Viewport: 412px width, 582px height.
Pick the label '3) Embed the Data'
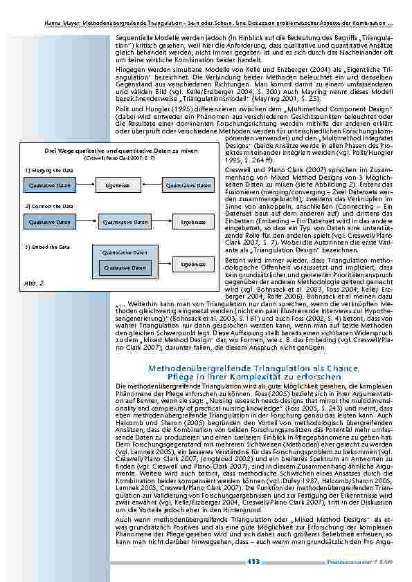point(42,246)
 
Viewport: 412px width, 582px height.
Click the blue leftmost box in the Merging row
point(49,185)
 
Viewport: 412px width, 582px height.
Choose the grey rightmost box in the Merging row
point(187,185)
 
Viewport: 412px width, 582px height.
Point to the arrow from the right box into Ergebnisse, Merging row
point(151,185)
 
